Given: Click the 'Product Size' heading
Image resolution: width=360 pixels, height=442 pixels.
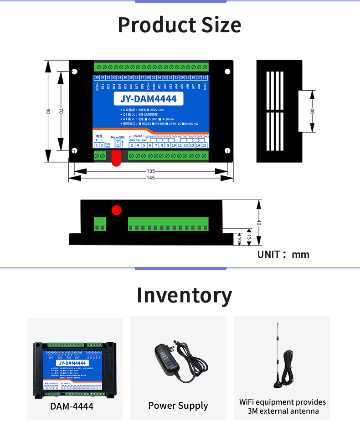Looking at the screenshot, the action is [x=180, y=25].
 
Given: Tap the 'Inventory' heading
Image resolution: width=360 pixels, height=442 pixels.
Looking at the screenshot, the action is [x=184, y=295].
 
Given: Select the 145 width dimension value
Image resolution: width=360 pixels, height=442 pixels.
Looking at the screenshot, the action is [x=150, y=178].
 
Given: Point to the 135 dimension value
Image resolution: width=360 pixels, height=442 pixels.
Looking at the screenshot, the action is [x=150, y=171].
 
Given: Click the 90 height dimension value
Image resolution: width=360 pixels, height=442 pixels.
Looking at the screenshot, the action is [x=48, y=111].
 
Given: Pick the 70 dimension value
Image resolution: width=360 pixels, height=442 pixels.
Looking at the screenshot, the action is [x=61, y=111].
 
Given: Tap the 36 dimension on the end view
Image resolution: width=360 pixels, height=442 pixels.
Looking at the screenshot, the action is [x=312, y=111].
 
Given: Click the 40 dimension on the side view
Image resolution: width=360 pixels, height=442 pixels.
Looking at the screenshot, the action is [x=259, y=223].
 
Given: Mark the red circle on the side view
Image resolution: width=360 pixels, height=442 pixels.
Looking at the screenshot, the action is [x=117, y=210].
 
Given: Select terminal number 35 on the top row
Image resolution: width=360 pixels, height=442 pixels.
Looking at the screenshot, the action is [x=97, y=77].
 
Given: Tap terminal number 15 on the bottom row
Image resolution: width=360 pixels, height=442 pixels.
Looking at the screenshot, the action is [x=204, y=145].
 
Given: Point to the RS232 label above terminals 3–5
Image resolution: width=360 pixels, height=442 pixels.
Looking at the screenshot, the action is [x=138, y=136].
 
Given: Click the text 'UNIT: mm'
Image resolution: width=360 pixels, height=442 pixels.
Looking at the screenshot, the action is [x=283, y=254].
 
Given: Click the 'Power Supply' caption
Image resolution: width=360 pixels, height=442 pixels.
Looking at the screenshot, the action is [x=178, y=406].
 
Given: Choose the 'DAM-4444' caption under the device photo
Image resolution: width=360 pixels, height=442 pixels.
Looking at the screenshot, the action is [x=72, y=406].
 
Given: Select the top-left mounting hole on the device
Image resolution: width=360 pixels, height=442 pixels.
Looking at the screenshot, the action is [x=75, y=72].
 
